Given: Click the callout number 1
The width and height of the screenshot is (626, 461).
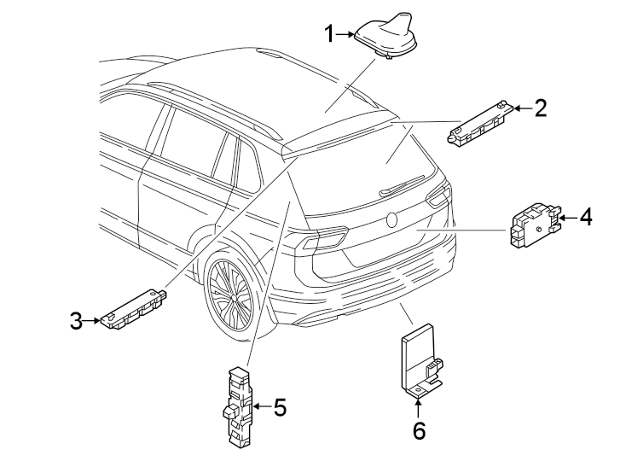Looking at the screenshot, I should pos(330,34).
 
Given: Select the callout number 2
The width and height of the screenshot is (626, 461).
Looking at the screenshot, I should pos(540,108).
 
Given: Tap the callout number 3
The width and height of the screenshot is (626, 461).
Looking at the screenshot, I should pos(76,321).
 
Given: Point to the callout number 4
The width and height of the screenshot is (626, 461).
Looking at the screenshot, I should pos(584,218).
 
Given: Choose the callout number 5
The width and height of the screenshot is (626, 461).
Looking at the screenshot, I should pos(279,407).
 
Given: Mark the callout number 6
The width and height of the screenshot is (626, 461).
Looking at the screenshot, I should pos(418,430).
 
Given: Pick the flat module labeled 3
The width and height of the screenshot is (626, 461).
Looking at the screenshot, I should pos(132,306).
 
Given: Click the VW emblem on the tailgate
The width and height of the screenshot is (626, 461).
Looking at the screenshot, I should pos(392,219).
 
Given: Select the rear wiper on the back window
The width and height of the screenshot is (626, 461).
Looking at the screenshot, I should pos(401,185).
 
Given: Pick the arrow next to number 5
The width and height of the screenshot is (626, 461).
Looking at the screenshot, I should pos(261,407).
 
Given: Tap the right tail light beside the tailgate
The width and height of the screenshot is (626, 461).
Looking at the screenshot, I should pos(438,196).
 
